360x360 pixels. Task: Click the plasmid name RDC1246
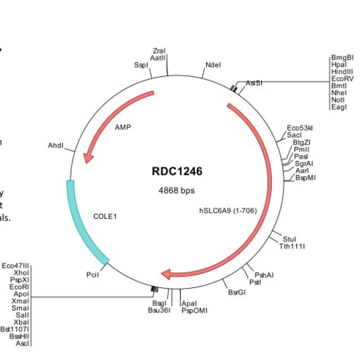(177, 171)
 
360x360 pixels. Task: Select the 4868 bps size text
(177, 191)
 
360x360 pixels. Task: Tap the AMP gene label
(123, 127)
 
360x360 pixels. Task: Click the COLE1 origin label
(105, 216)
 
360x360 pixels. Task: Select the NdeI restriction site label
(213, 65)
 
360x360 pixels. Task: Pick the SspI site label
(141, 65)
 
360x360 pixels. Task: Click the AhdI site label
(56, 146)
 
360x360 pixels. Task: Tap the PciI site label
(92, 275)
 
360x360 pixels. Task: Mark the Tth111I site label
(292, 246)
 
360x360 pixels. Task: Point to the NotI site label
(338, 100)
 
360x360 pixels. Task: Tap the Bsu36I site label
(158, 310)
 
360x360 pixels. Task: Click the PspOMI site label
(194, 310)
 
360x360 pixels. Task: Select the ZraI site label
(158, 51)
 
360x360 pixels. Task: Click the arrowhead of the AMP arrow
(87, 158)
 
